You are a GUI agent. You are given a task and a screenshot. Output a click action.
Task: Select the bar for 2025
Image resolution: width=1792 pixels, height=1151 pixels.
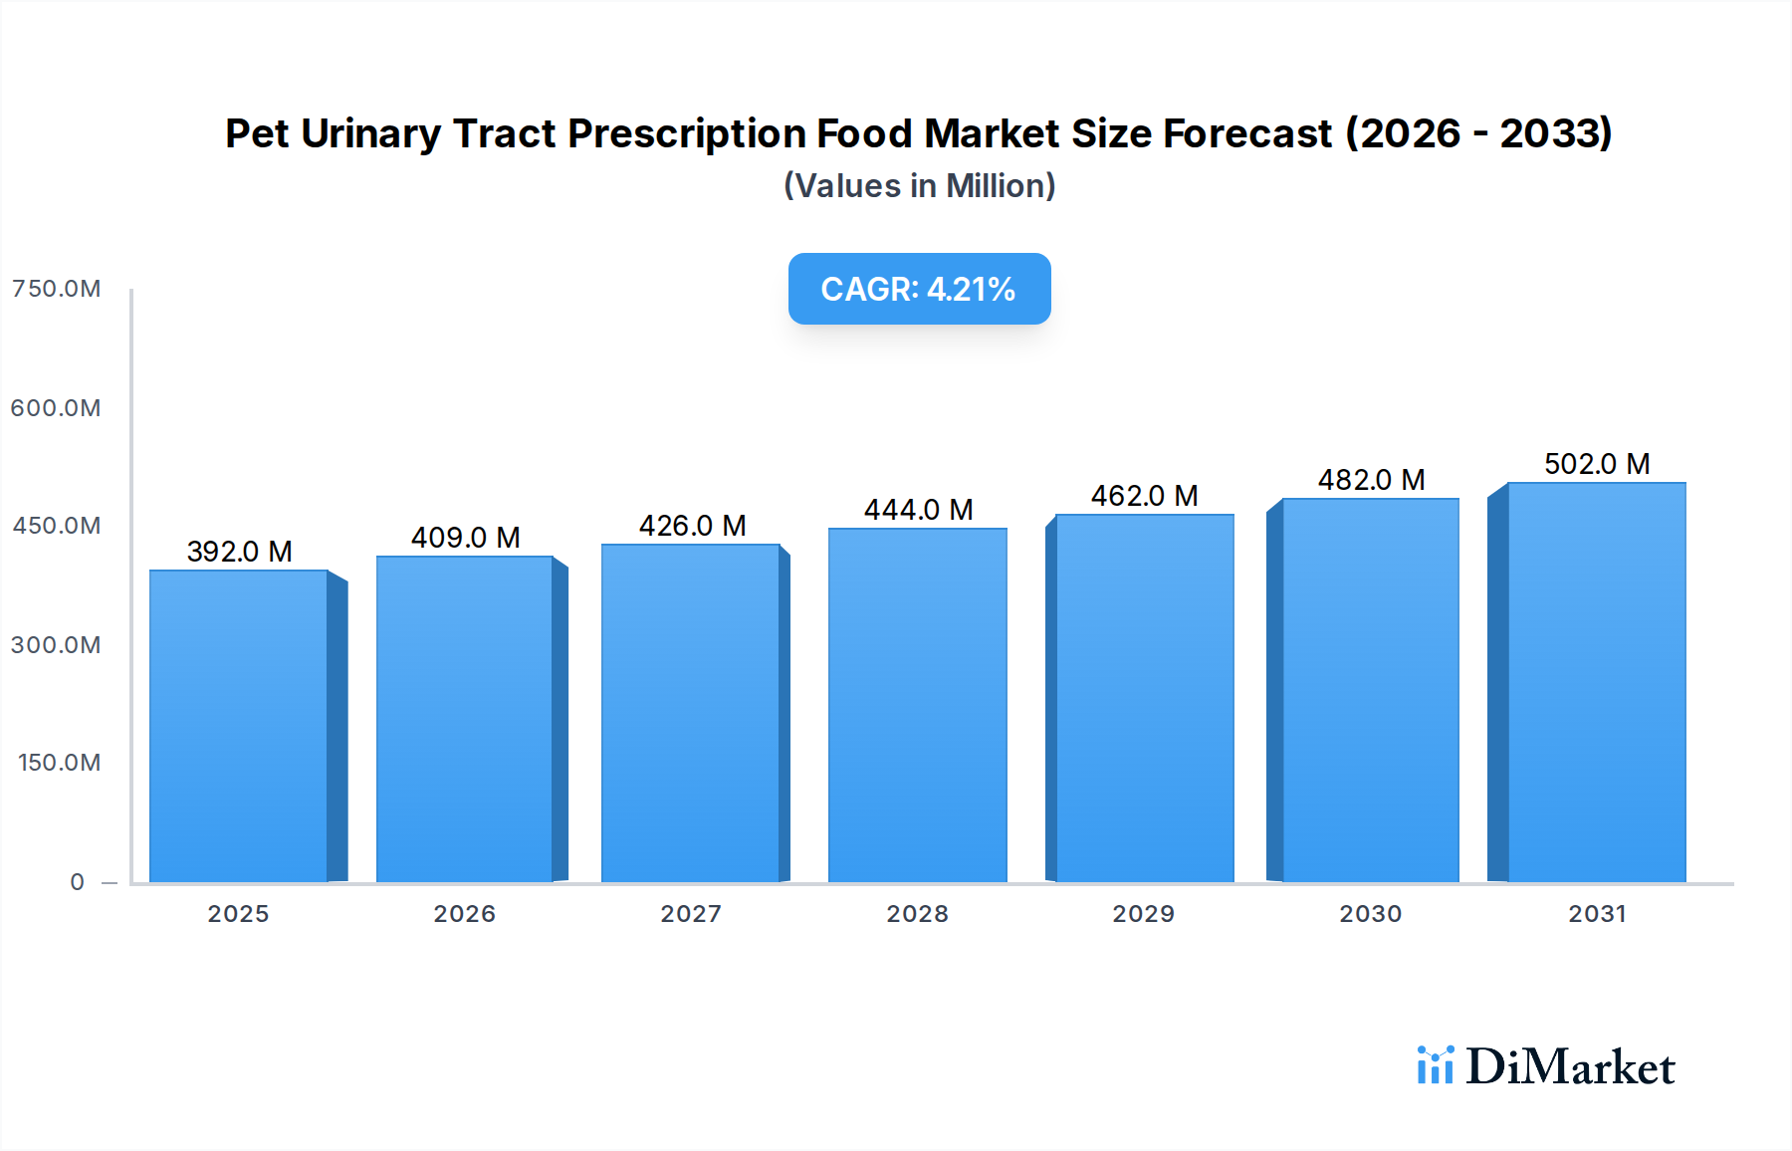tap(239, 727)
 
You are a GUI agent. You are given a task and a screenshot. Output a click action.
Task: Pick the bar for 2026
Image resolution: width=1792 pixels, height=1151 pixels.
tap(464, 719)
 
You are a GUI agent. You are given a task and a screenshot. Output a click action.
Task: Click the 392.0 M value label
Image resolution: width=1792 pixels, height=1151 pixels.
tap(239, 552)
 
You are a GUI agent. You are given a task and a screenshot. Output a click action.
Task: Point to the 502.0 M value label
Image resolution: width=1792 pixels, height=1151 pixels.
tap(1597, 464)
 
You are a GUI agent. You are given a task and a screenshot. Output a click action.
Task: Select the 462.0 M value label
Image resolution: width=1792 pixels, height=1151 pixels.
tap(1144, 496)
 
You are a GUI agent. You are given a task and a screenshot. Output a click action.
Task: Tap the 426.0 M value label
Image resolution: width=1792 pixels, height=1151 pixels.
tap(692, 526)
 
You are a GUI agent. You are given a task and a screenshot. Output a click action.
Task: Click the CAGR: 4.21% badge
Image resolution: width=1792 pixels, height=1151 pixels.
tap(919, 289)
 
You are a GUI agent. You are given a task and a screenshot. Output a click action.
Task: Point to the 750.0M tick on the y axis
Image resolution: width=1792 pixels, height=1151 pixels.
tap(56, 289)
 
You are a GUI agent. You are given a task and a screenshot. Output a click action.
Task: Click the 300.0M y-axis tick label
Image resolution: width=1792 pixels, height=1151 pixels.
tap(56, 645)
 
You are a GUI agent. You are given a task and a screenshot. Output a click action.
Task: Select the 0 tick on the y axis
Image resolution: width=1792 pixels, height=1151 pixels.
tap(77, 882)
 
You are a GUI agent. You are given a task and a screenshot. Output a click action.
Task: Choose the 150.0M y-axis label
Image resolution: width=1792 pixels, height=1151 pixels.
tap(59, 763)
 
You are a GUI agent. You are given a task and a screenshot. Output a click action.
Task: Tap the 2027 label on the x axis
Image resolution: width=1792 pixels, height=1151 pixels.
tap(691, 914)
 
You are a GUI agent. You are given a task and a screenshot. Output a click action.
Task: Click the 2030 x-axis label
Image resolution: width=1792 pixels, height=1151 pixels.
tap(1370, 914)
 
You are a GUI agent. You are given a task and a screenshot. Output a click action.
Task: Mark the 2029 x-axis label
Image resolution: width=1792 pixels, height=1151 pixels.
tap(1143, 914)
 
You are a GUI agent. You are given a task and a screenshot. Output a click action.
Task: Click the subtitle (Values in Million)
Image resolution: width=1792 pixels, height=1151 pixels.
tap(919, 186)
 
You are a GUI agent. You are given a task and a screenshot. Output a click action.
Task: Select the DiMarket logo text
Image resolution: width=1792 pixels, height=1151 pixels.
tap(1570, 1067)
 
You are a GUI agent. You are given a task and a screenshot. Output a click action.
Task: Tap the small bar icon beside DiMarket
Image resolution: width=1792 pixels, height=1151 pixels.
tap(1435, 1065)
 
